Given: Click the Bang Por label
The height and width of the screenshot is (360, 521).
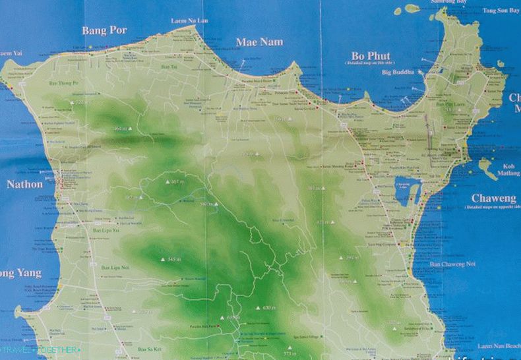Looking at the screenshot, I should point(104,30).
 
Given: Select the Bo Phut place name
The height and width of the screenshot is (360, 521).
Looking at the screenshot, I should point(371,55).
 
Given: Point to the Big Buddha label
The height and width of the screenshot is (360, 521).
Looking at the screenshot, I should point(398,72).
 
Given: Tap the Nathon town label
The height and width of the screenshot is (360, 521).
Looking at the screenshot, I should point(25,185).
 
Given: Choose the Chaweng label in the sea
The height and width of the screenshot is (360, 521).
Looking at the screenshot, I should point(493,198).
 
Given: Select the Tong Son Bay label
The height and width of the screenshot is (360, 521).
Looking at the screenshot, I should point(501,11).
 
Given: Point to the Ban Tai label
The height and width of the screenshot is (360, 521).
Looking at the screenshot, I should point(169,67).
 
